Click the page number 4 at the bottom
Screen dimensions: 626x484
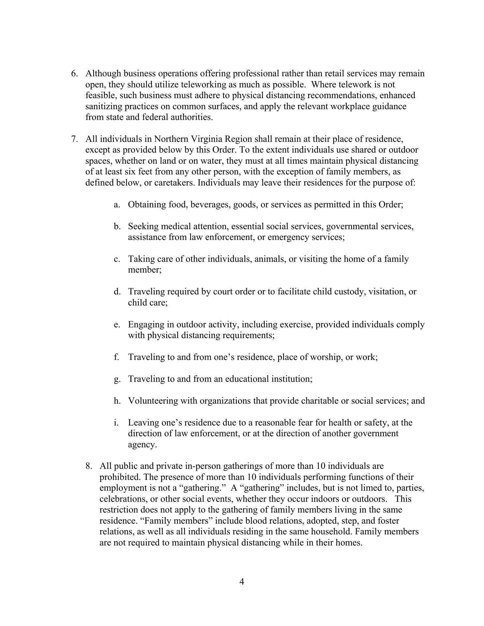point(242,582)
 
